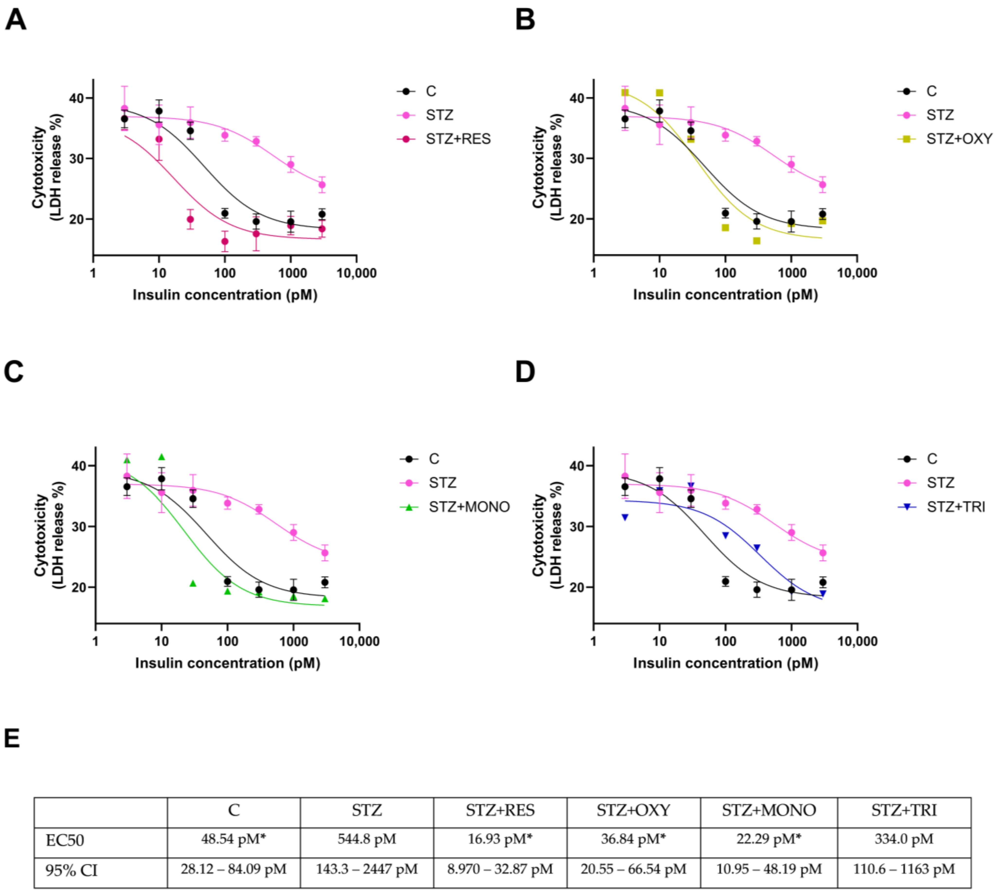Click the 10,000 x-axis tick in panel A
pyautogui.click(x=356, y=273)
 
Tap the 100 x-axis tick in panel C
pyautogui.click(x=227, y=642)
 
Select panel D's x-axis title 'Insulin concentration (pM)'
pyautogui.click(x=725, y=663)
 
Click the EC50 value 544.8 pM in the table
pyautogui.click(x=367, y=839)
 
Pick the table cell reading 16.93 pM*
pyautogui.click(x=500, y=839)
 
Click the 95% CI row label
pyautogui.click(x=71, y=870)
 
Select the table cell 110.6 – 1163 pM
pyautogui.click(x=904, y=869)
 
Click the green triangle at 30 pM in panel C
pyautogui.click(x=193, y=583)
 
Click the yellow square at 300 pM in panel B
pyautogui.click(x=757, y=241)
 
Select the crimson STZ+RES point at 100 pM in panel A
pyautogui.click(x=225, y=241)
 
